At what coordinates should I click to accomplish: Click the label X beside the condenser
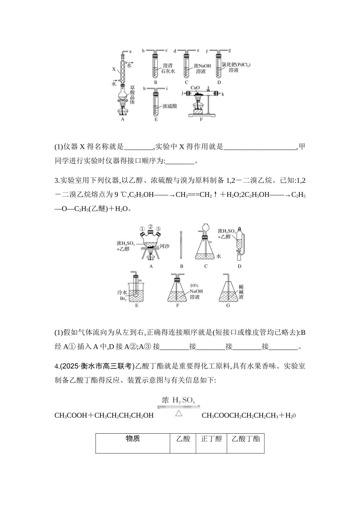[x=114, y=69]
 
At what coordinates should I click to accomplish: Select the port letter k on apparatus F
[x=223, y=93]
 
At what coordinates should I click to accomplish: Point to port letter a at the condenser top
[x=130, y=51]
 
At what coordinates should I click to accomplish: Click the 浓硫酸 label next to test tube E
[x=170, y=106]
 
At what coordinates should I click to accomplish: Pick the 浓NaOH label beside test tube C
[x=202, y=65]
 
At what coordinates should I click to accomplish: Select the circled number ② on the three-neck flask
[x=150, y=227]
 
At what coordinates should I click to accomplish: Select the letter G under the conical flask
[x=228, y=305]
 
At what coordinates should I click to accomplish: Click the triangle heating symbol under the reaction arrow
[x=178, y=413]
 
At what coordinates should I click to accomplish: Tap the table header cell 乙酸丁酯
[x=246, y=439]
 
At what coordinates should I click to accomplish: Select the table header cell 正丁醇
[x=211, y=439]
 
